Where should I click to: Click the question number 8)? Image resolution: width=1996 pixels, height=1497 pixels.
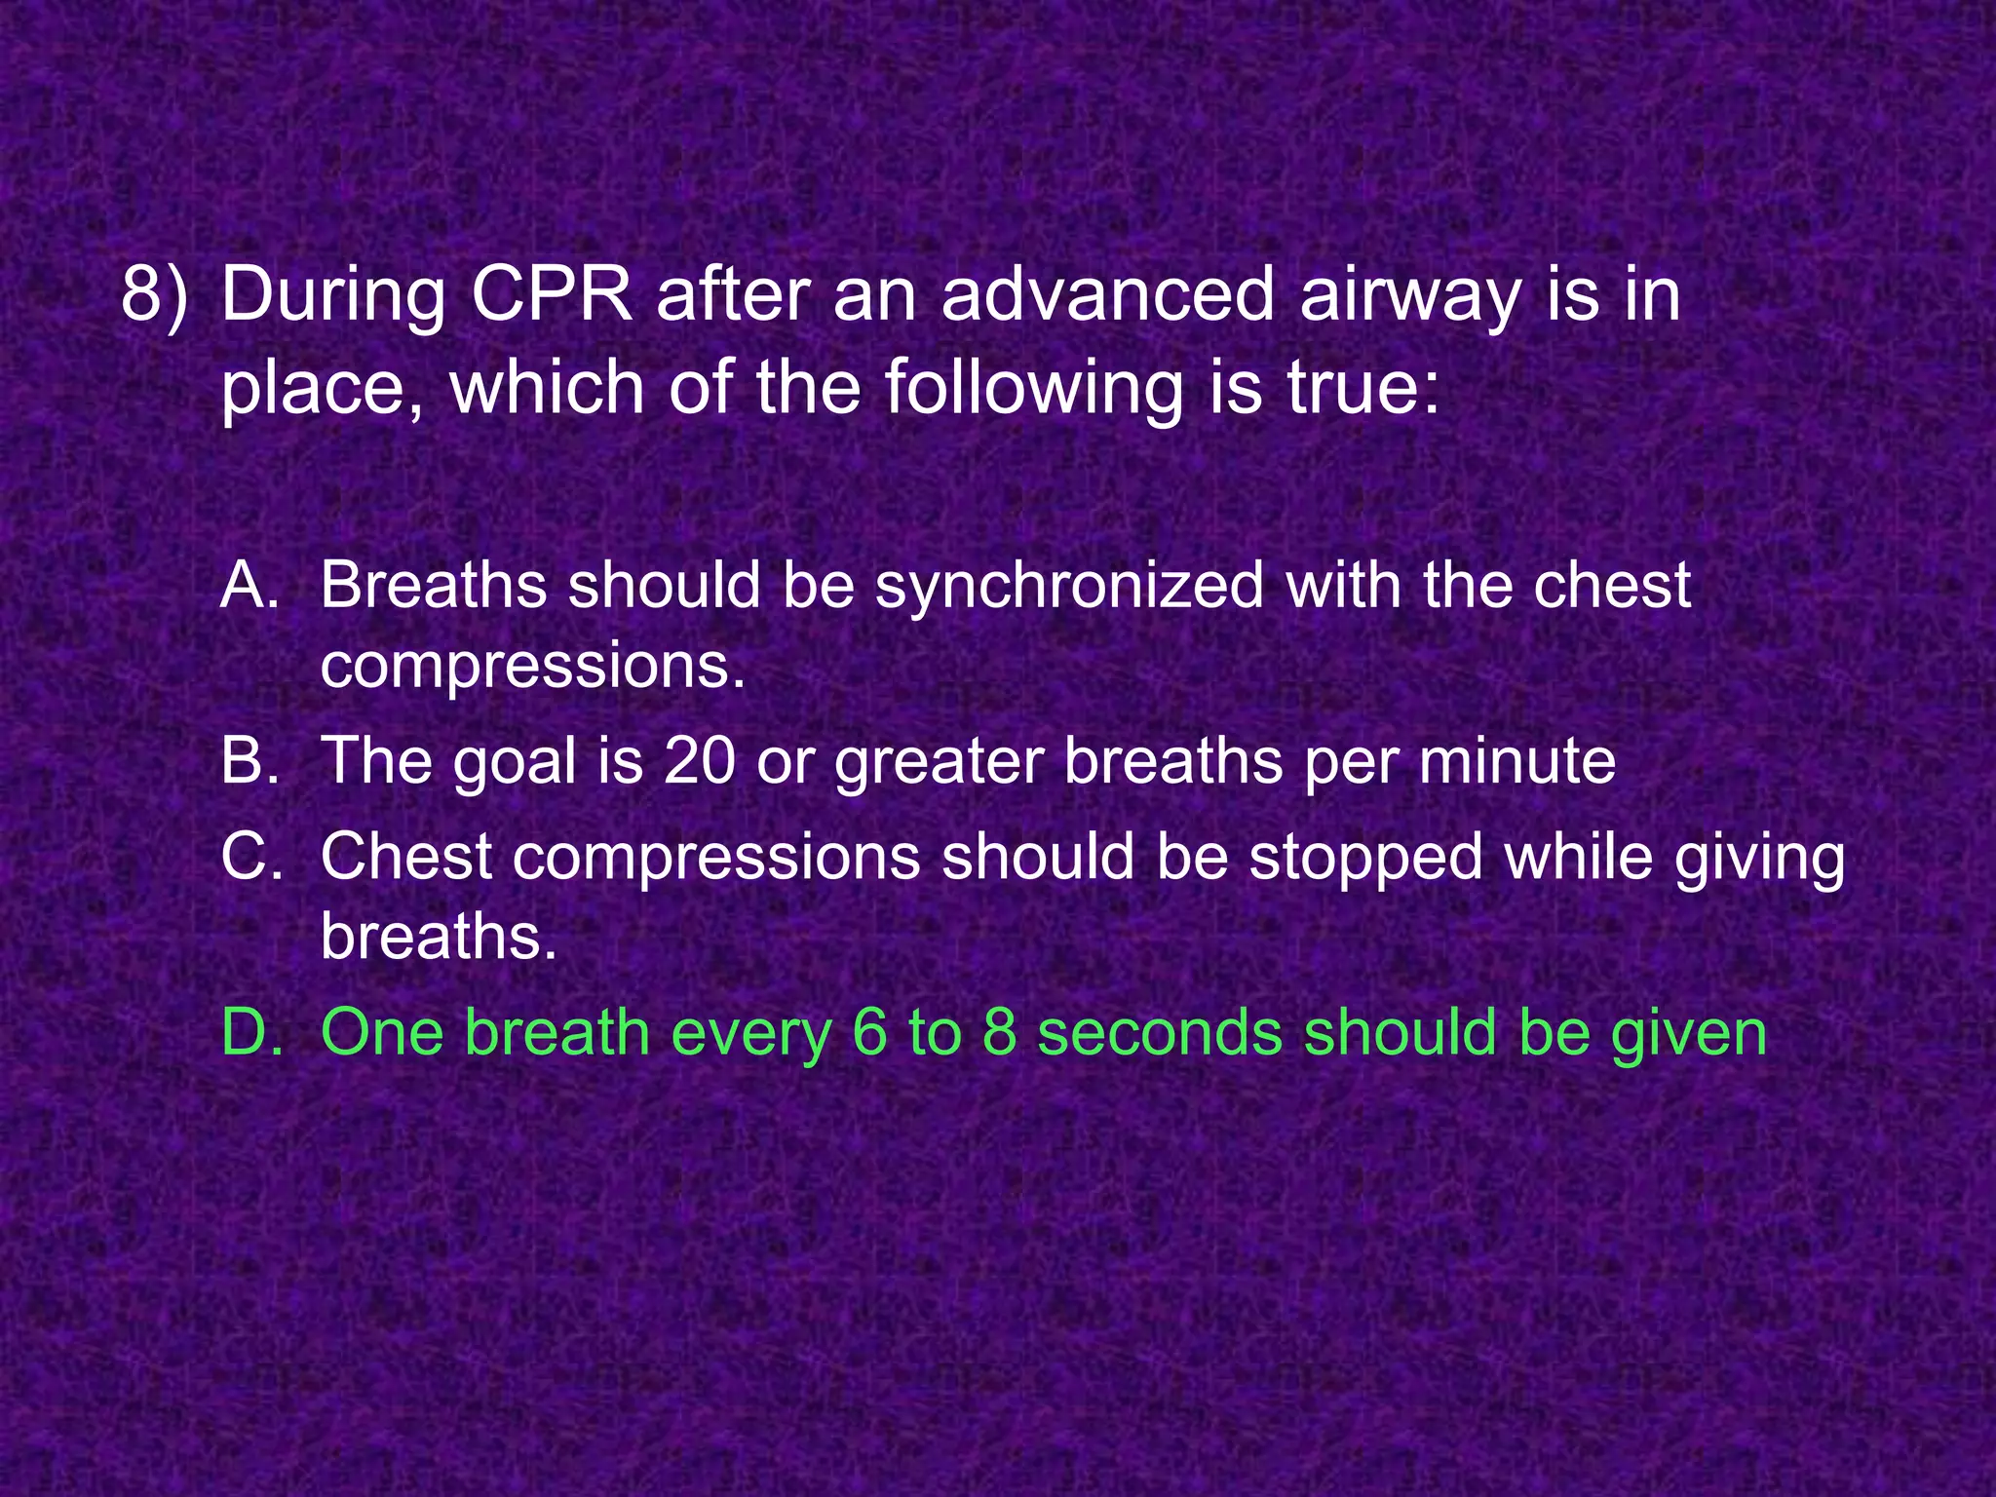pos(154,294)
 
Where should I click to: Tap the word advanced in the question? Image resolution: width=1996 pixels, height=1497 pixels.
pos(1107,294)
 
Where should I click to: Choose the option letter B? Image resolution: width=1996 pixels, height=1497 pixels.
pos(249,761)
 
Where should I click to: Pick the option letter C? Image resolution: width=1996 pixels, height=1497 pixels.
pos(251,858)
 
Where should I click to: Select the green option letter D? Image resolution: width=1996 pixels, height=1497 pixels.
pos(251,1033)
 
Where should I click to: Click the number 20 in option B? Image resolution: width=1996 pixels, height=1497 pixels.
pos(699,761)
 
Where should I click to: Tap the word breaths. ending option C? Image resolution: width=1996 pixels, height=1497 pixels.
pos(439,938)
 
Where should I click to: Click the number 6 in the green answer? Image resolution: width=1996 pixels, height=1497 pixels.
pos(869,1033)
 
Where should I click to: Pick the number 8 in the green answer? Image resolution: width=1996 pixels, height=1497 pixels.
pos(1000,1033)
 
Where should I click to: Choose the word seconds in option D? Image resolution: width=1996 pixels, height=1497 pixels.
pos(1159,1033)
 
